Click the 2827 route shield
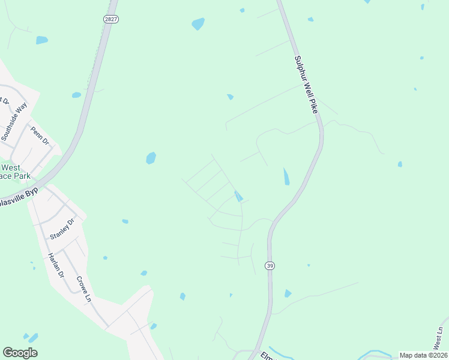[x=110, y=19]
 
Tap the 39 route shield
[x=271, y=266]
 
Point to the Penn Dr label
[x=40, y=136]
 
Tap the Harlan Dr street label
[x=55, y=265]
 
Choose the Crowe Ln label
[x=83, y=289]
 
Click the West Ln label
[x=439, y=339]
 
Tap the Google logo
[x=20, y=353]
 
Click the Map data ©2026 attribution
[x=423, y=355]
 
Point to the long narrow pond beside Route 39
[x=286, y=176]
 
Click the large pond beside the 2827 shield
[x=197, y=24]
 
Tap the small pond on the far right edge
[x=400, y=164]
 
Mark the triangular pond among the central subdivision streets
[x=238, y=196]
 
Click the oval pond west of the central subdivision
[x=151, y=158]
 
